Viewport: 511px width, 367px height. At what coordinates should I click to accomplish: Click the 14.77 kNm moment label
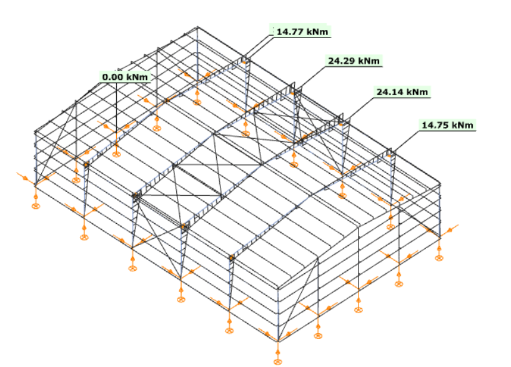point(302,31)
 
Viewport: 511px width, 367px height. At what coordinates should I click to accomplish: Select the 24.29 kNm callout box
point(354,61)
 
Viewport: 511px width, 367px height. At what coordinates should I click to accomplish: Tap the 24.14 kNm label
point(402,92)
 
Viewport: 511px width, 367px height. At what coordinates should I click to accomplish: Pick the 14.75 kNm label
point(447,125)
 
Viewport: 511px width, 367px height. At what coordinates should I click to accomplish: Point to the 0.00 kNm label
point(125,77)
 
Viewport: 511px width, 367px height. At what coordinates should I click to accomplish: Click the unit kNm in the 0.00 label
point(137,77)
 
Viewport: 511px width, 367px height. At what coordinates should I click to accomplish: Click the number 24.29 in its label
point(341,61)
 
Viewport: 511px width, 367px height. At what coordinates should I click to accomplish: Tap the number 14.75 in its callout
point(435,125)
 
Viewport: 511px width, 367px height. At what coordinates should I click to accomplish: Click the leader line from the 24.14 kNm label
point(357,110)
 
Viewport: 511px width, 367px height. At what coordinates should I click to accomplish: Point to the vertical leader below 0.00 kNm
point(116,108)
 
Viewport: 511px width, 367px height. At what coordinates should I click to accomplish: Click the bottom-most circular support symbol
point(277,361)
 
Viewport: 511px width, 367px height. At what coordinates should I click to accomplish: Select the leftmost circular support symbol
point(36,206)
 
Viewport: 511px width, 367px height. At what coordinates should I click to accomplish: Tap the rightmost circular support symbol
point(439,258)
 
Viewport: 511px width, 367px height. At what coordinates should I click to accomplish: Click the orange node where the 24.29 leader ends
point(292,94)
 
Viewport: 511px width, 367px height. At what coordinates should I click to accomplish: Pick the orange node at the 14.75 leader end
point(389,156)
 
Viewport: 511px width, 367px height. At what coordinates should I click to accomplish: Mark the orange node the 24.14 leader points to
point(341,124)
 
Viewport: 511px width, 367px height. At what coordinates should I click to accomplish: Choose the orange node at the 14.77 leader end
point(243,62)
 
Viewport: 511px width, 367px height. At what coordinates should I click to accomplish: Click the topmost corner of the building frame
point(197,27)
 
